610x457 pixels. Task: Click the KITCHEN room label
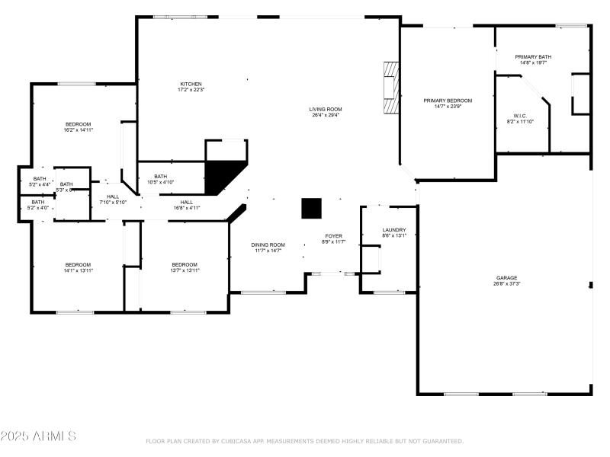pyautogui.click(x=191, y=84)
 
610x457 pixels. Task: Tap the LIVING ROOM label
pyautogui.click(x=325, y=110)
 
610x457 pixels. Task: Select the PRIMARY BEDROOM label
pyautogui.click(x=448, y=101)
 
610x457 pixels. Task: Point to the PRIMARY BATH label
pyautogui.click(x=533, y=57)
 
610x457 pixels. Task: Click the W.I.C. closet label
pyautogui.click(x=520, y=116)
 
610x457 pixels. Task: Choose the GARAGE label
pyautogui.click(x=506, y=278)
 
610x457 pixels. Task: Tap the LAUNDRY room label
pyautogui.click(x=394, y=229)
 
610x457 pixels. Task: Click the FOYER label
pyautogui.click(x=333, y=236)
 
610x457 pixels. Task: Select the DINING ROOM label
pyautogui.click(x=268, y=244)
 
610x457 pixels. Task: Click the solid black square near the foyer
pyautogui.click(x=311, y=208)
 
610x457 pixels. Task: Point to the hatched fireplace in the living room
pyautogui.click(x=390, y=87)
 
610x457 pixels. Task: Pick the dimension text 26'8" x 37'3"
pyautogui.click(x=506, y=284)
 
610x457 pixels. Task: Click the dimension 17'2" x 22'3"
pyautogui.click(x=191, y=90)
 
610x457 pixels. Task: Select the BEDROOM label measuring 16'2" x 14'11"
pyautogui.click(x=78, y=124)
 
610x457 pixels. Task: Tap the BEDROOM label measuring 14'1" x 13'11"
pyautogui.click(x=78, y=264)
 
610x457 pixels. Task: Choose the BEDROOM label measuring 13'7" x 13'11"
pyautogui.click(x=185, y=264)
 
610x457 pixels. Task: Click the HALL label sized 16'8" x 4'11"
pyautogui.click(x=186, y=202)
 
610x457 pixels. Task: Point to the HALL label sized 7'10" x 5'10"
pyautogui.click(x=113, y=197)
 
